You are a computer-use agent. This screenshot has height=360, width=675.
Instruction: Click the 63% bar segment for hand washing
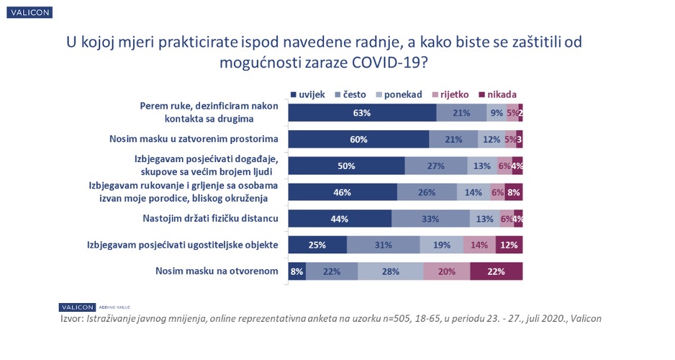362,113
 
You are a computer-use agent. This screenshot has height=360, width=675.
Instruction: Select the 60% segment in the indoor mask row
358,139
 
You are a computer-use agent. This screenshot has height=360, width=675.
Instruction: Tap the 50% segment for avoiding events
346,166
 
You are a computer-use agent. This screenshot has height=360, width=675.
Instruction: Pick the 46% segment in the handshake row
343,192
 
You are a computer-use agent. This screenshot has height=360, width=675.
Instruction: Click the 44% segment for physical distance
340,218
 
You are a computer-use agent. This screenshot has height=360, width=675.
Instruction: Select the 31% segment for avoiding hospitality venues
383,245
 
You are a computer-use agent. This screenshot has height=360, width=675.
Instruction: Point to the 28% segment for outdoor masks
390,271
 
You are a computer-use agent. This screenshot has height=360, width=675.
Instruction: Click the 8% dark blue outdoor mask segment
296,271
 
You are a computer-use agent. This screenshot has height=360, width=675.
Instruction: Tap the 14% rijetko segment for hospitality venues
479,245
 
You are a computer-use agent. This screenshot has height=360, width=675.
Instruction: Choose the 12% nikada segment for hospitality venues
509,245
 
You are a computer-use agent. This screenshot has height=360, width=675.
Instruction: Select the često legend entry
349,94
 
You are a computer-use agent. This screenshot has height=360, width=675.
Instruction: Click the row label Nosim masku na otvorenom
217,271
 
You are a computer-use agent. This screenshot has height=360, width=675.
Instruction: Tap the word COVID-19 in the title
385,63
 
